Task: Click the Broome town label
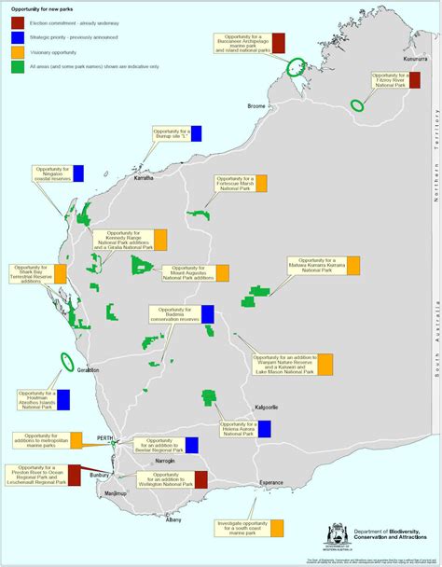tap(256, 106)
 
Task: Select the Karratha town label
tap(144, 177)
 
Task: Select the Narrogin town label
tap(165, 462)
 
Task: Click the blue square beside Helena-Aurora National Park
tap(265, 428)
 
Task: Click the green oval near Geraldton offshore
tap(67, 361)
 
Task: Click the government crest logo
tap(337, 535)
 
